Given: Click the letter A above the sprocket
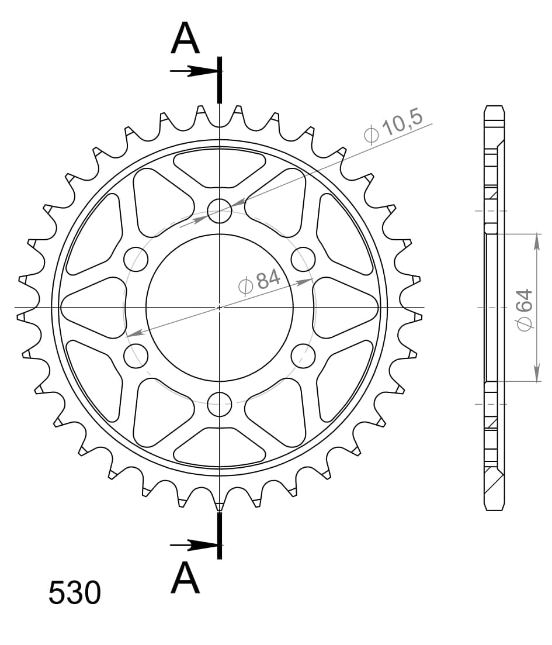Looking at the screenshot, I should coord(186,39).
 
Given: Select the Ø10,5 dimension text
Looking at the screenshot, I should coord(393,125).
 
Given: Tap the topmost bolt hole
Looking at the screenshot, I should coord(220,211).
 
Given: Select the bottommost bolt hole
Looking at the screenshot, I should coord(220,402).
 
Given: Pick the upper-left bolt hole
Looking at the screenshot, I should coord(137,259).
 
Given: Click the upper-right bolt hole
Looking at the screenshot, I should coord(303,259).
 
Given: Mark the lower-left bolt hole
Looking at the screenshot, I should coord(137,355).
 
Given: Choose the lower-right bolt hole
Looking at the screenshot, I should coord(303,355).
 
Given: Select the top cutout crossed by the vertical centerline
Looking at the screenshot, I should coord(220,167).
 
